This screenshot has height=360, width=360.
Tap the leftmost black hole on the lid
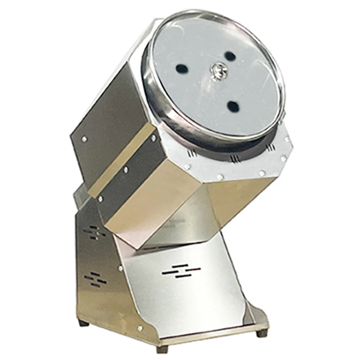[181, 69]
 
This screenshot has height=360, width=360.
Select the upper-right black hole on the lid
[229, 56]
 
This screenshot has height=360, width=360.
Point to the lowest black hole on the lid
[233, 106]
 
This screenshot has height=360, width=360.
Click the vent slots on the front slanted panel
[181, 271]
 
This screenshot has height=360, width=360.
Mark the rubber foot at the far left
[82, 323]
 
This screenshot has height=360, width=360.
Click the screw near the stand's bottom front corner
[140, 328]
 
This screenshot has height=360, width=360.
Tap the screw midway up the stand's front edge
[120, 269]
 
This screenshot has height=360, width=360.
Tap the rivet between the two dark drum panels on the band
[125, 170]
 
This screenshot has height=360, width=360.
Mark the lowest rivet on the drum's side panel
[100, 198]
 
